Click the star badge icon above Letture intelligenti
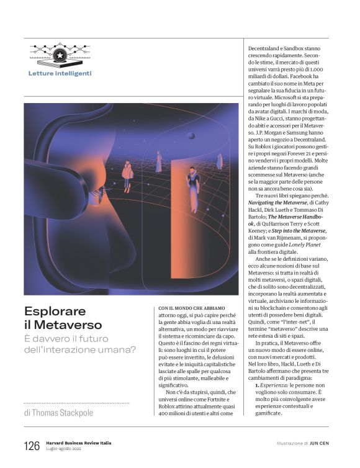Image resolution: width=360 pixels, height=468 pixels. (60, 55)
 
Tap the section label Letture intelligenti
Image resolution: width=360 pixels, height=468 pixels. (60, 74)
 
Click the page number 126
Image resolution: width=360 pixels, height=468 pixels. (32, 446)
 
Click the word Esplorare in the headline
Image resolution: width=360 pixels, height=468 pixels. (55, 311)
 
